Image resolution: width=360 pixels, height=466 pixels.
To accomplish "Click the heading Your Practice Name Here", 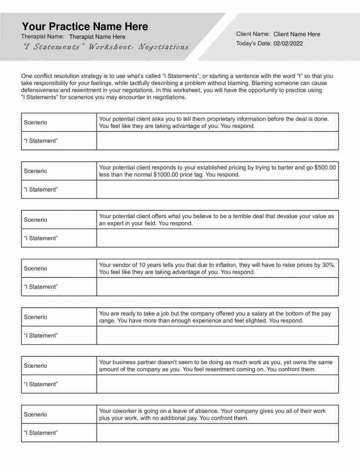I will [x=85, y=26].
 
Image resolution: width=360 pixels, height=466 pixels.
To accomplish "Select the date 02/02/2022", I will [x=288, y=44].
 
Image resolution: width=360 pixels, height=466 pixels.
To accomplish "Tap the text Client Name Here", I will [x=297, y=34].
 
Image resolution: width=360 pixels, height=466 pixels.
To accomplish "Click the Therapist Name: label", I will [x=43, y=36].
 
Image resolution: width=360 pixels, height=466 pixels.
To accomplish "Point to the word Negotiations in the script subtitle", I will [x=163, y=47].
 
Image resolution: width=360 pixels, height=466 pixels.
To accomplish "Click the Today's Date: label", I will [x=254, y=44].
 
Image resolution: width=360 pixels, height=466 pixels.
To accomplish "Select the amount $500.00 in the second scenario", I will [x=325, y=167].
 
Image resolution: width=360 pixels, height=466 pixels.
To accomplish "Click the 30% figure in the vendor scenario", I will [x=328, y=265].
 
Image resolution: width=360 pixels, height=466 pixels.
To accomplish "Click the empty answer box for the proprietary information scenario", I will [x=217, y=141].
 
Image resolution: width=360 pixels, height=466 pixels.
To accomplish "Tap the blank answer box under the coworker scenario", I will [x=217, y=433].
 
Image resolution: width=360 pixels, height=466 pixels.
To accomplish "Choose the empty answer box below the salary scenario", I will [x=217, y=335].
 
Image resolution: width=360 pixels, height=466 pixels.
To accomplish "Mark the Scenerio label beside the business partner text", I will [x=35, y=365].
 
